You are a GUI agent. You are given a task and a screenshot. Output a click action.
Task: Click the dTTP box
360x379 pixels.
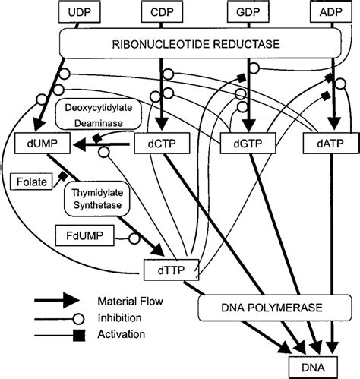click(172, 269)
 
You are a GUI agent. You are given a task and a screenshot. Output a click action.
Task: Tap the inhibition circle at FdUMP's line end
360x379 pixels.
click(134, 238)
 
